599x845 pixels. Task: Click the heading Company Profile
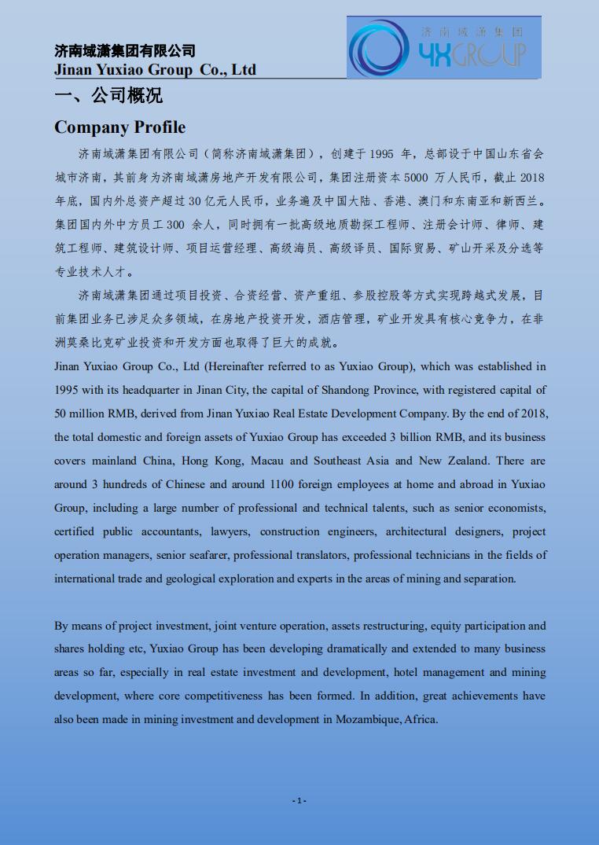(x=119, y=127)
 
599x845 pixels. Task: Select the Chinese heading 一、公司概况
(x=108, y=96)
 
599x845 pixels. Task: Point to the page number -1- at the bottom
(x=299, y=800)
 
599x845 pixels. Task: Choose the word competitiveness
(x=219, y=696)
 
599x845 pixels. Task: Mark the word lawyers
(x=230, y=531)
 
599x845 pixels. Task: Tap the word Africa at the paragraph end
(x=421, y=719)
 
